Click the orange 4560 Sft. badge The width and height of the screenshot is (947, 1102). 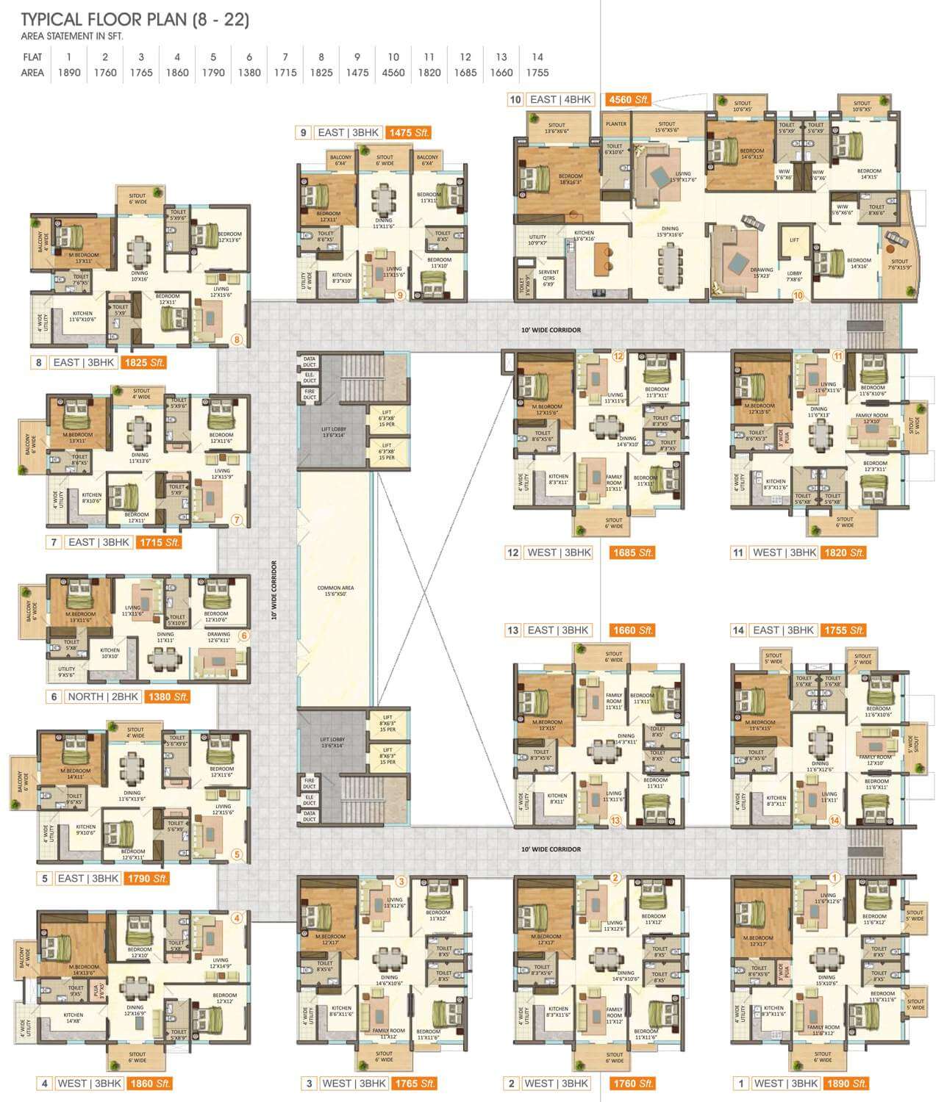(627, 100)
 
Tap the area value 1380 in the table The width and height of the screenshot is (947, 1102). (249, 73)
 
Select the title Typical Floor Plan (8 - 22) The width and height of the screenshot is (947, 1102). (135, 20)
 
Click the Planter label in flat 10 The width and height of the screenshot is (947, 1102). (616, 124)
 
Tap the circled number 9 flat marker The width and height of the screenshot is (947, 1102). (401, 295)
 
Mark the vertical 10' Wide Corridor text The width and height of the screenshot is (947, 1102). (273, 591)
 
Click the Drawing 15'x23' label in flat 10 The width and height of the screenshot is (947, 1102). (762, 273)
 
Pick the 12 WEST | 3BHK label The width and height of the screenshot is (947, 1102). (549, 553)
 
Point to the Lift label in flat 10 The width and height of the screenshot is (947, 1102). (794, 240)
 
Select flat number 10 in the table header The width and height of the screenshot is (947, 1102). (393, 57)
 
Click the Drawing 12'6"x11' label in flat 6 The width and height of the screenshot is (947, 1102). (218, 638)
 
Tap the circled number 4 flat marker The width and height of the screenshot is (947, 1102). (237, 918)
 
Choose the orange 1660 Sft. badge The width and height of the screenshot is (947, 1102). (632, 630)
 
